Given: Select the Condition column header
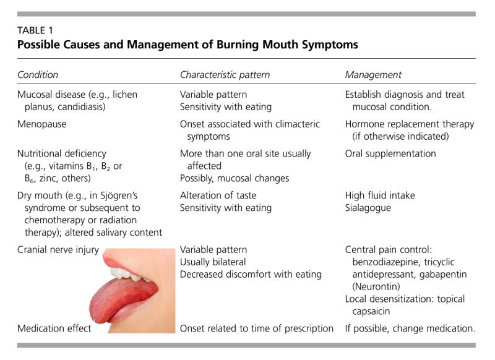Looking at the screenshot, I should click(38, 75).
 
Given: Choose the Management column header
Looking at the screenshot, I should click(373, 75).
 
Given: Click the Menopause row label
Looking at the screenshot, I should click(41, 124).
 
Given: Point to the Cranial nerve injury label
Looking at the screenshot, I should click(58, 250).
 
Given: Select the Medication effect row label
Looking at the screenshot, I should click(54, 328).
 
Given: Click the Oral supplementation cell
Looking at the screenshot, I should click(390, 153).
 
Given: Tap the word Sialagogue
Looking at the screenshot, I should click(368, 208).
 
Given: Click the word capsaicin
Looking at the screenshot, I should click(371, 311).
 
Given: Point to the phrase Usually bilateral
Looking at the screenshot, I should click(213, 262).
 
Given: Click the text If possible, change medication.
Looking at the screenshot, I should click(410, 328).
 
